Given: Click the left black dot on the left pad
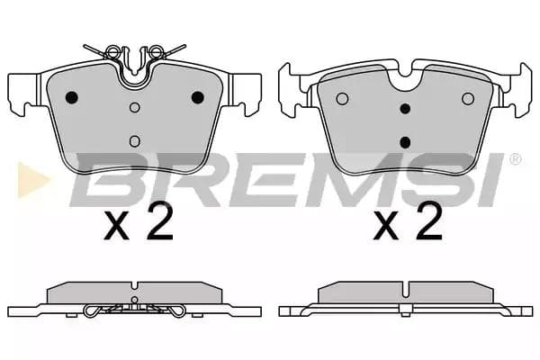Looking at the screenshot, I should pyautogui.click(x=73, y=98).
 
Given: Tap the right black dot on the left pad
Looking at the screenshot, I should pyautogui.click(x=197, y=98).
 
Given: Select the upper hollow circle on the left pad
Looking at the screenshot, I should pyautogui.click(x=135, y=108).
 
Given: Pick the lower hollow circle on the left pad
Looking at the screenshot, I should pyautogui.click(x=135, y=140).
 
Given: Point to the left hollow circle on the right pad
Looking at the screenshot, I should pyautogui.click(x=342, y=98).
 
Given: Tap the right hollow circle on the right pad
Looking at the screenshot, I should pyautogui.click(x=467, y=98).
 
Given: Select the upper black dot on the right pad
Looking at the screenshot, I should pyautogui.click(x=405, y=109).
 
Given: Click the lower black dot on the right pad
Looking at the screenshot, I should pyautogui.click(x=405, y=140).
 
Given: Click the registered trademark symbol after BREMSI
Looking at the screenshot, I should pyautogui.click(x=515, y=159).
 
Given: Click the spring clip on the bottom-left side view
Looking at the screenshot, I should pyautogui.click(x=135, y=310).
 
